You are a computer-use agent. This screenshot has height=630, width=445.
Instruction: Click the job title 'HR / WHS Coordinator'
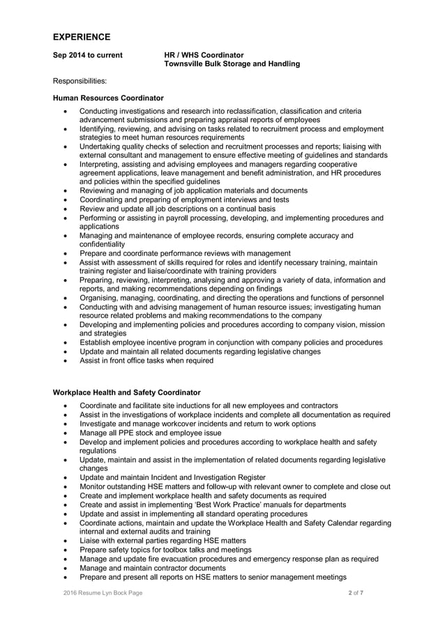pos(204,54)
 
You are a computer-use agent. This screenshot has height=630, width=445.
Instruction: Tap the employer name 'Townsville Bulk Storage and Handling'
pos(232,64)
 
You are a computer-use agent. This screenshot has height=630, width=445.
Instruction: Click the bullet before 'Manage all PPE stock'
pos(66,433)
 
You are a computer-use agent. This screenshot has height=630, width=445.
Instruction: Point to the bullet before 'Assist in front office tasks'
pos(66,361)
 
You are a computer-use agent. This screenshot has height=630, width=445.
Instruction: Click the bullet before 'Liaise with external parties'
pos(66,541)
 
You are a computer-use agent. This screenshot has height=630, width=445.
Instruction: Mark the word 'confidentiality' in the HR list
pos(102,245)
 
